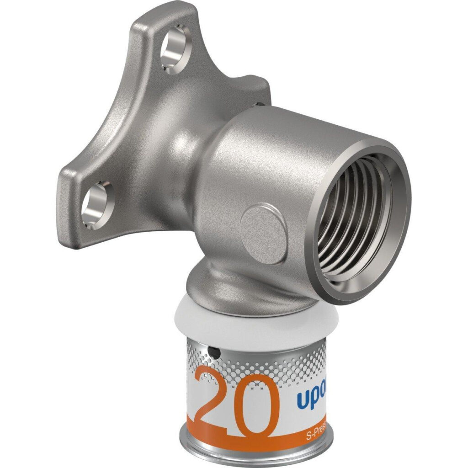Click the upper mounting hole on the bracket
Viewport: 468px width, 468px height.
[175, 54]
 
